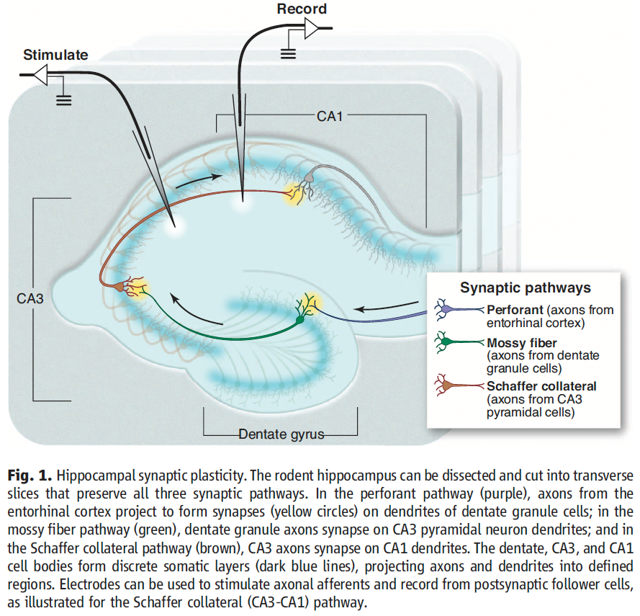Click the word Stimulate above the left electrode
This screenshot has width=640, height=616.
pos(55,55)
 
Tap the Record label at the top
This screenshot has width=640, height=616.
pos(302,9)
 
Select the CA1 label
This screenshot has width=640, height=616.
pos(329,115)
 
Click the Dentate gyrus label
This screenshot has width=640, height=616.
pos(281,434)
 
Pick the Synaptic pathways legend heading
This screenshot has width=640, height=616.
pos(526,288)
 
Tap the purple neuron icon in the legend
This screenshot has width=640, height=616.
pos(447,311)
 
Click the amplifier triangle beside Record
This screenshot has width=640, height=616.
pos(314,28)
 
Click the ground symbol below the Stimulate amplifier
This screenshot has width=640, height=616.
pos(64,99)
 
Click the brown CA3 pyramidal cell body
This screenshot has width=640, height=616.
pos(117,286)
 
